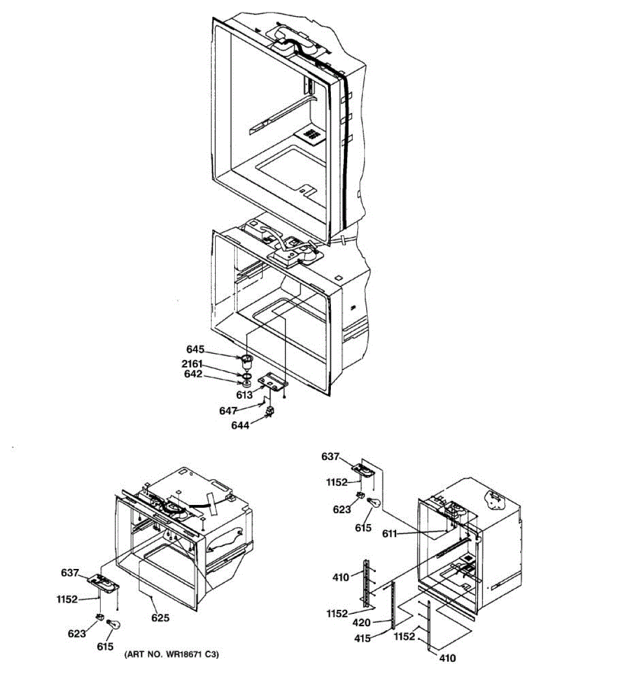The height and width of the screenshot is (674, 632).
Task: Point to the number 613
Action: tap(244, 395)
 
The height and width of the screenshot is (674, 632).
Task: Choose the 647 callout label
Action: tap(228, 411)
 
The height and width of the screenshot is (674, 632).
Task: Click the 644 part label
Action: tap(240, 425)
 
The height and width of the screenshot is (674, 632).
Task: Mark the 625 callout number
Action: tap(160, 618)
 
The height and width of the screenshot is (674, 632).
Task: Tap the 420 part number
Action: tap(362, 622)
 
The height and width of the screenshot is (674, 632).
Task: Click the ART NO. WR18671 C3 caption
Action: tap(171, 655)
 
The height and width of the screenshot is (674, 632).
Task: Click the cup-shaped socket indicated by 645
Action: tap(246, 361)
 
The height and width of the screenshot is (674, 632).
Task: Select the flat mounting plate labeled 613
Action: tap(272, 382)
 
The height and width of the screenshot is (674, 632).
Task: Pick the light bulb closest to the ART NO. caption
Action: tap(114, 625)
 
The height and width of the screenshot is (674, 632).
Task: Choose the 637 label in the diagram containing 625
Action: tap(70, 573)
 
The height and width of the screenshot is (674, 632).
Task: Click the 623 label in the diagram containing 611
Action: tap(342, 509)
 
